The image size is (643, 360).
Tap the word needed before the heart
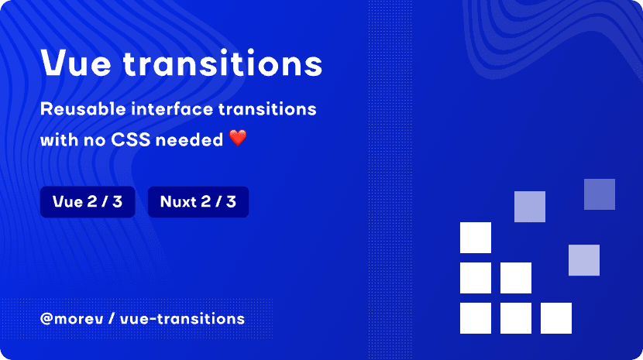(x=193, y=139)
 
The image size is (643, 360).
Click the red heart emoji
(x=238, y=139)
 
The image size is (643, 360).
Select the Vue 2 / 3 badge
(x=88, y=202)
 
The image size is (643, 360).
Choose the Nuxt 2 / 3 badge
(x=198, y=202)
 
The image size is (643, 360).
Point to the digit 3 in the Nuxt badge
(x=231, y=202)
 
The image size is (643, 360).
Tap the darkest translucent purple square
(x=599, y=194)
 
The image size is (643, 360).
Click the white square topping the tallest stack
(x=476, y=238)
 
